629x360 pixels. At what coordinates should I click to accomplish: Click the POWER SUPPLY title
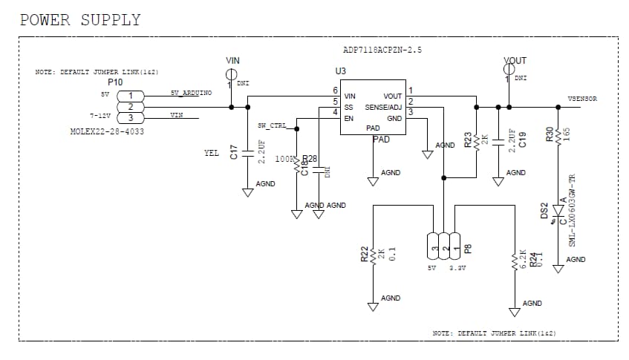pos(79,20)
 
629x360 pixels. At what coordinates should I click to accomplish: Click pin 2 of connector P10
pos(131,106)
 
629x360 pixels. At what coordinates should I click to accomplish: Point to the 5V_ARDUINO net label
pos(191,93)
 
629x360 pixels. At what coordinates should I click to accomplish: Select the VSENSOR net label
pos(581,99)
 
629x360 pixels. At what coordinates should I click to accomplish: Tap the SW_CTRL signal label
pos(272,125)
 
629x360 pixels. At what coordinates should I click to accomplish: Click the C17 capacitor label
pos(233,153)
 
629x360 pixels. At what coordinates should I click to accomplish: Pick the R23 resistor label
pos(468,140)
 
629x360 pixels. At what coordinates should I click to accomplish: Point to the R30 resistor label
pos(549,134)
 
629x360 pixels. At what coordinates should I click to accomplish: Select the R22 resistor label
pos(365,255)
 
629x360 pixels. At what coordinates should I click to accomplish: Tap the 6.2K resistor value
pos(523,258)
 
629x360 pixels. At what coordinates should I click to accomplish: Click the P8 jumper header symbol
pos(445,245)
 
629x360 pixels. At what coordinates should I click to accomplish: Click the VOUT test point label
pos(515,61)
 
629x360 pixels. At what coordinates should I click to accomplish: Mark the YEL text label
pos(211,153)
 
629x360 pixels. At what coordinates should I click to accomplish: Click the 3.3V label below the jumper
pos(457,268)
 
